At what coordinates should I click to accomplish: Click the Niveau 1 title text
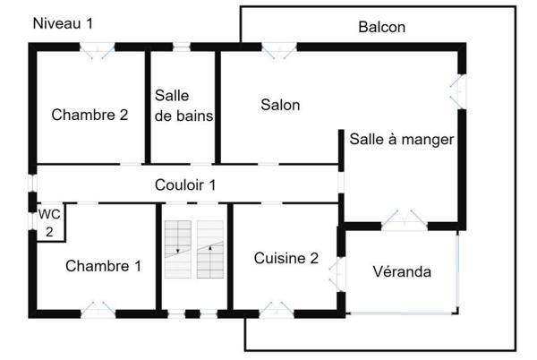(x=63, y=24)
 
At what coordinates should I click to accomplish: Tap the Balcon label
(x=382, y=27)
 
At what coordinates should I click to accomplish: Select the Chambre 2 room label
(x=89, y=115)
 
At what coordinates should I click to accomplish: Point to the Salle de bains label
(x=183, y=105)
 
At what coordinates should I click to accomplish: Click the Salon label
(x=280, y=105)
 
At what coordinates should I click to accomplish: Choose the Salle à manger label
(x=402, y=139)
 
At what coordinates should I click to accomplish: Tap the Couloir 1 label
(x=186, y=186)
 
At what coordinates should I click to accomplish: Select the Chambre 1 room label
(x=103, y=265)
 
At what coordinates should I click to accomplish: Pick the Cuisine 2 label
(x=286, y=258)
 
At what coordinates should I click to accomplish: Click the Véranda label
(x=402, y=271)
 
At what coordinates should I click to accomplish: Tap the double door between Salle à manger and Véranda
(x=402, y=220)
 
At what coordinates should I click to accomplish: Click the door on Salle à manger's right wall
(x=457, y=90)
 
